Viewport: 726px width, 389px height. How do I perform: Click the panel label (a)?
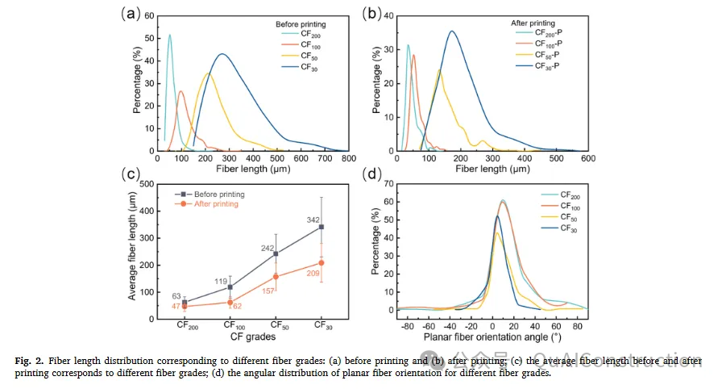coord(131,14)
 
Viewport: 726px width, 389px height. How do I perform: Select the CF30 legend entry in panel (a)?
coord(310,68)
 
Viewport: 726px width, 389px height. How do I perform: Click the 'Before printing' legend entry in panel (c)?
coord(210,194)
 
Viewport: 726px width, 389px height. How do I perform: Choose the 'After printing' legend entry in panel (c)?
coord(208,205)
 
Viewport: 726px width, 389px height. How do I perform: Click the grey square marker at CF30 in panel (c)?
coord(322,227)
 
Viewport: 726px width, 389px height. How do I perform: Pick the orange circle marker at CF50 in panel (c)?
coord(276,277)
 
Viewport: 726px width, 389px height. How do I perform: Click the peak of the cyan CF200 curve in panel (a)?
coord(169,35)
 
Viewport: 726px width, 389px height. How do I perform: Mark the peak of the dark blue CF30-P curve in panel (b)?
coord(451,31)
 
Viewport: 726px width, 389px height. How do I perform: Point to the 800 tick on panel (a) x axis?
coord(347,160)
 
